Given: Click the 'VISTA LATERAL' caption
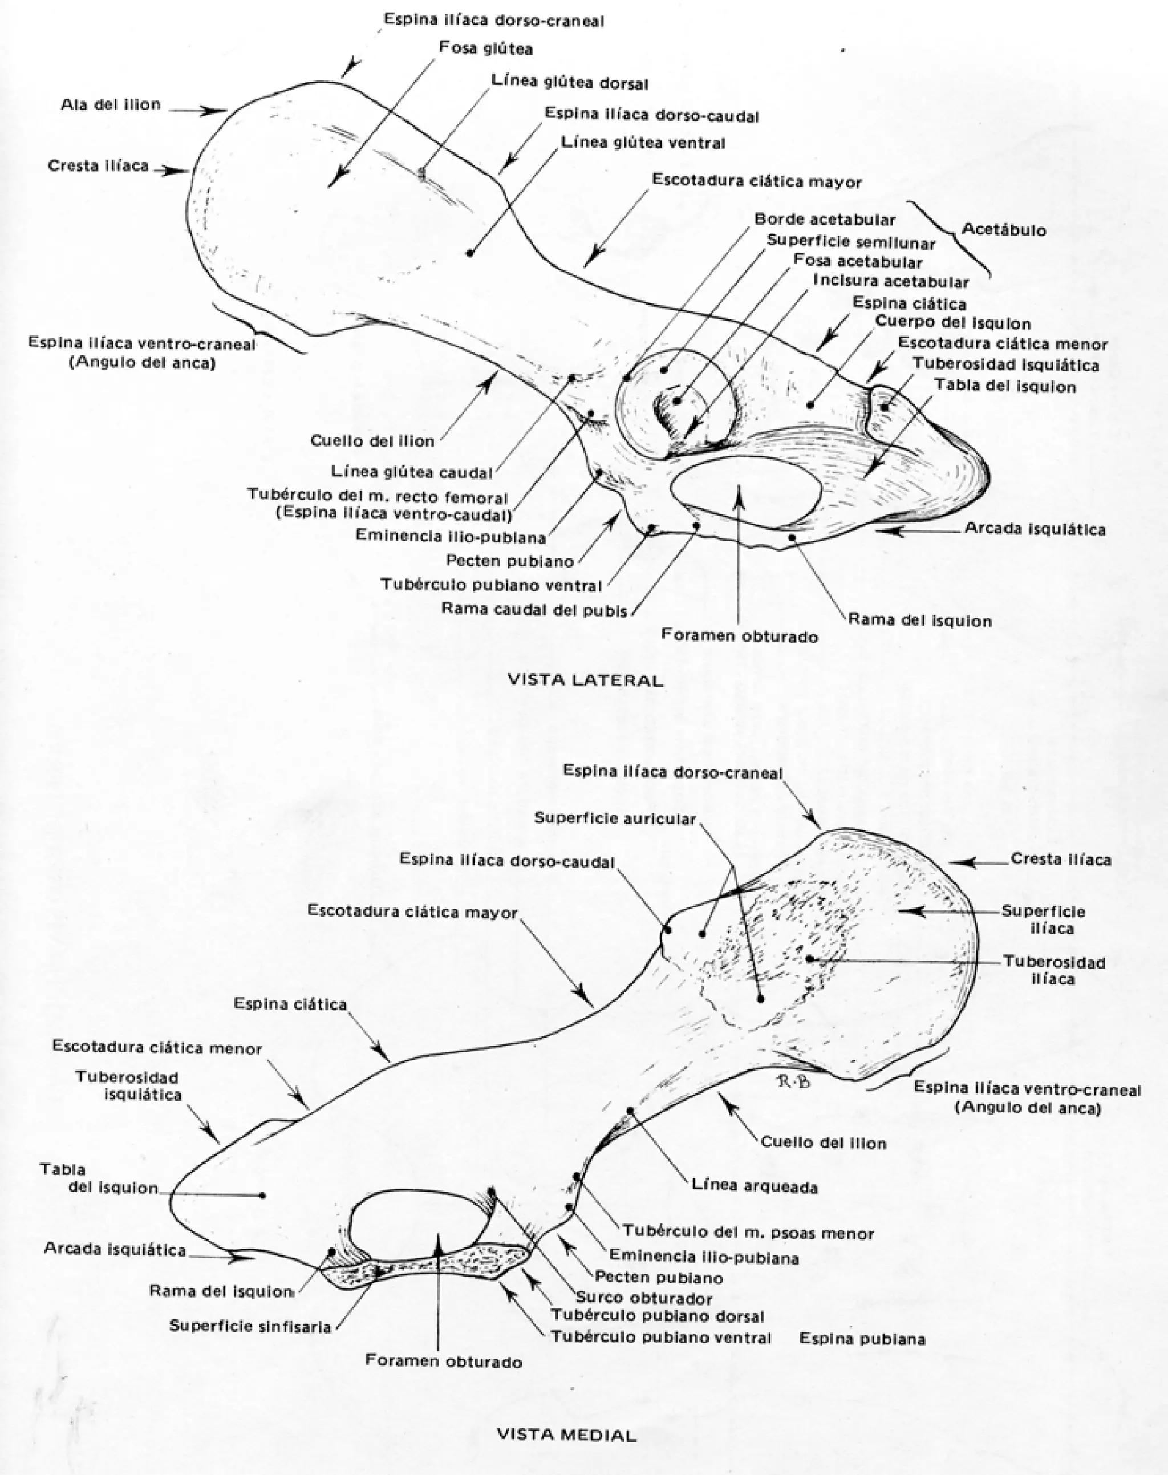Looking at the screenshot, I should (x=585, y=680).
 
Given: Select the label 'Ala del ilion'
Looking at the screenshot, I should (x=111, y=104).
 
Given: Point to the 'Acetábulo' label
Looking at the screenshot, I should (x=1003, y=230).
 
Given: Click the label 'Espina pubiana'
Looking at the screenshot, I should (x=862, y=1338).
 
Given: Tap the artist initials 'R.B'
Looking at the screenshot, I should (x=793, y=1080).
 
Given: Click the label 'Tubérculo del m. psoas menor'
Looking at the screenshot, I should (x=748, y=1233).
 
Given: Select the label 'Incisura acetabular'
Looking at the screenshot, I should (x=890, y=282).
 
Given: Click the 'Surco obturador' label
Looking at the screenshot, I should (x=644, y=1298).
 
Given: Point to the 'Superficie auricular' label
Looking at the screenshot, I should (x=615, y=818).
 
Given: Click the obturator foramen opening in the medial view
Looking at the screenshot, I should (x=419, y=1227).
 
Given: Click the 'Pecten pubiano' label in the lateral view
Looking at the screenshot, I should (x=509, y=561).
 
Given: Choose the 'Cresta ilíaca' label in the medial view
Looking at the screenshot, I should (x=1061, y=859).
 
